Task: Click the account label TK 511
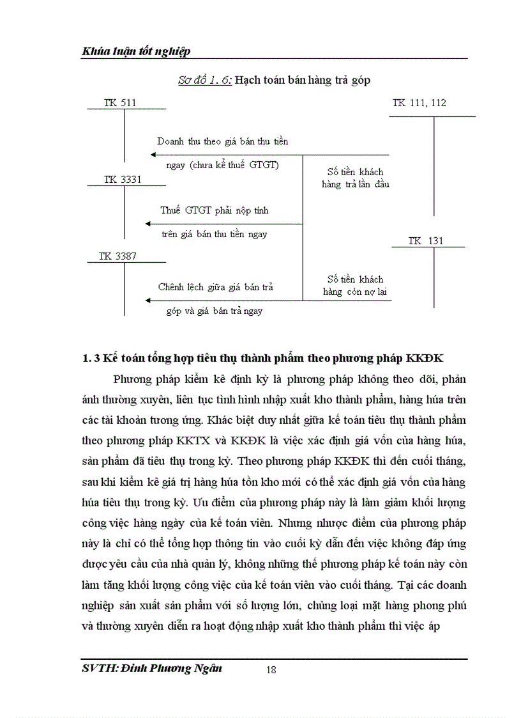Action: pyautogui.click(x=120, y=102)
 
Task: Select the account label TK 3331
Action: pyautogui.click(x=123, y=180)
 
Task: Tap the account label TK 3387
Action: pyautogui.click(x=117, y=256)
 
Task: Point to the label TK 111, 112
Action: pyautogui.click(x=419, y=102)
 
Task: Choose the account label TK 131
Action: pyautogui.click(x=425, y=241)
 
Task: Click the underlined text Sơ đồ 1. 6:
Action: pyautogui.click(x=204, y=80)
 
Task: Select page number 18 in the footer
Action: pyautogui.click(x=270, y=669)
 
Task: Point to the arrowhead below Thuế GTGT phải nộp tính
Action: pyautogui.click(x=149, y=223)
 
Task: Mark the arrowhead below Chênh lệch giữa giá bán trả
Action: pyautogui.click(x=149, y=300)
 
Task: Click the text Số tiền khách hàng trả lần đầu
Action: pyautogui.click(x=355, y=178)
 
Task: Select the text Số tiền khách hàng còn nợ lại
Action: pyautogui.click(x=355, y=286)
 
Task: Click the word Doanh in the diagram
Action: pyautogui.click(x=170, y=141)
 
